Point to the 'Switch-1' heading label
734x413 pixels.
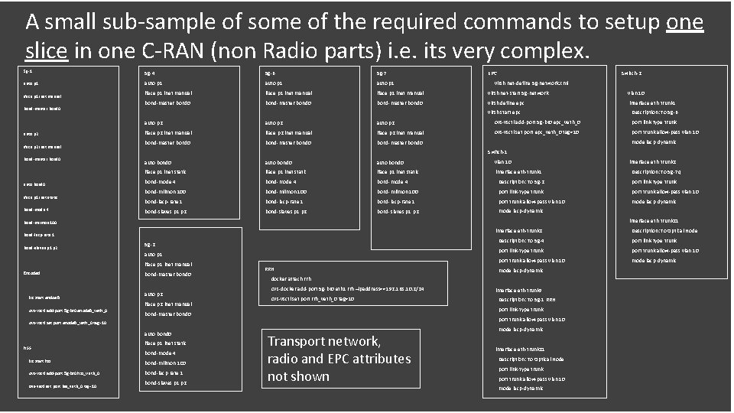coord(499,151)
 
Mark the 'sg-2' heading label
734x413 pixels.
coord(149,243)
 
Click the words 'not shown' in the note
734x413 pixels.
coord(299,376)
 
